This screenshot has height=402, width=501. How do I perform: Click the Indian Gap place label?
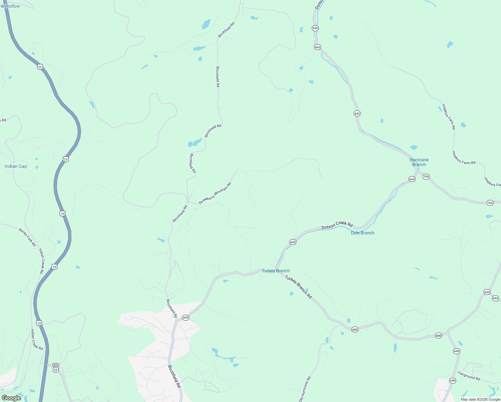coord(16,166)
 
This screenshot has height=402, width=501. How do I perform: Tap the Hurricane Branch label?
coord(419,162)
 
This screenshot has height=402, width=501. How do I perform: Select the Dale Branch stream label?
coord(362,233)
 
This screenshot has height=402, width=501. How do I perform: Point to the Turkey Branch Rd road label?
coord(298,287)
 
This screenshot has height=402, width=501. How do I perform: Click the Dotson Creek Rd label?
coord(337,225)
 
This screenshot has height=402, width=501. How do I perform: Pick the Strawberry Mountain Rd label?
coord(215,193)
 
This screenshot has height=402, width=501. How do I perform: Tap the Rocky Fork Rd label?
coord(27,237)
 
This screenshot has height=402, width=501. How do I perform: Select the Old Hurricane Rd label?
coord(305,389)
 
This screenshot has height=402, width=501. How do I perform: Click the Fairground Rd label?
coord(469,376)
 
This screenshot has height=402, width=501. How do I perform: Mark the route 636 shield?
coord(315,28)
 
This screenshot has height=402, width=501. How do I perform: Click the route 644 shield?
coord(496,298)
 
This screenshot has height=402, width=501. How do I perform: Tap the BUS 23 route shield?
coord(56,367)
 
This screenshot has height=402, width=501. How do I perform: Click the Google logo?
coord(11,398)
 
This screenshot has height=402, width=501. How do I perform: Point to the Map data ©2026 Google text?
coord(480,399)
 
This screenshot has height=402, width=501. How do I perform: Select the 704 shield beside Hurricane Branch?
coord(426,177)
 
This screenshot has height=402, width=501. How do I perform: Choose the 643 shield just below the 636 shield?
coord(317,47)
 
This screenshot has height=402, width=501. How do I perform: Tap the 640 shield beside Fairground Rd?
coord(453,381)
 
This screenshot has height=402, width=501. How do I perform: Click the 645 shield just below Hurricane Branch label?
coord(412,179)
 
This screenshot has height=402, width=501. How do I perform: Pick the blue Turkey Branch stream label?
coord(276,271)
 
